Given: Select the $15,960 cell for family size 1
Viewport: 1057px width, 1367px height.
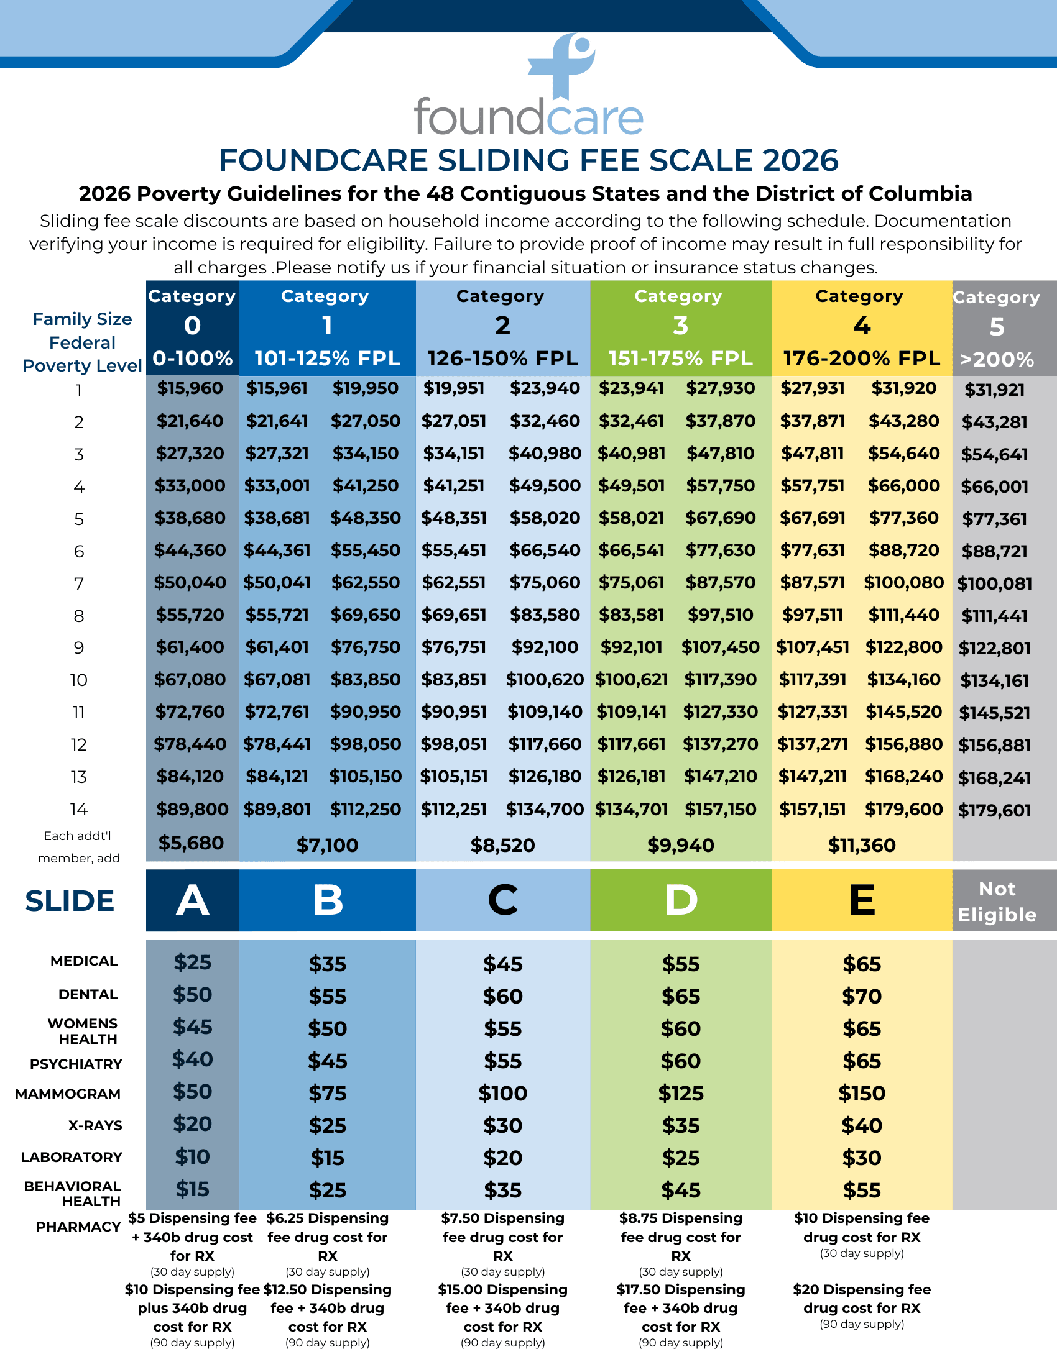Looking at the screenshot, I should click(190, 388).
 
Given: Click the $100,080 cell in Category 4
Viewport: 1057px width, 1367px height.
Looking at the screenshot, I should click(903, 583).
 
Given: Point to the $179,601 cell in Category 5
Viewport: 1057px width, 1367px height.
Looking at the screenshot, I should click(994, 810).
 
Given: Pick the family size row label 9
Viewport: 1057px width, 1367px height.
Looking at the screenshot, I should click(79, 648).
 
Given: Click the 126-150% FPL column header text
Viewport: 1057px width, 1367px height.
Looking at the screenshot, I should click(502, 359).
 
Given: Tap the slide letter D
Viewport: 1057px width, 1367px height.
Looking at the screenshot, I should click(681, 901).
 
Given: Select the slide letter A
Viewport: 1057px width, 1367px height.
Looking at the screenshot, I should click(192, 901).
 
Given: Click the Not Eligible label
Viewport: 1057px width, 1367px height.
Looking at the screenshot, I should click(997, 902).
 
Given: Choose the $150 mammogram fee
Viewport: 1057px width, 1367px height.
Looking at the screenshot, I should click(862, 1094).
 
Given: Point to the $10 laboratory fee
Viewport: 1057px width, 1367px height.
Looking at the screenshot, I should click(192, 1157).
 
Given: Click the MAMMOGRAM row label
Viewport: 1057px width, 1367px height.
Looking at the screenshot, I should click(68, 1094).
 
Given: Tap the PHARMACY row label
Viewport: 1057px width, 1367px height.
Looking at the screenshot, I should click(78, 1227).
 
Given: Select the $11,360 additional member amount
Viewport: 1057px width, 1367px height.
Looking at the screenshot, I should click(862, 846).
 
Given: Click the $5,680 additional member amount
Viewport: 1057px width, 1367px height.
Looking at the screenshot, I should click(191, 843).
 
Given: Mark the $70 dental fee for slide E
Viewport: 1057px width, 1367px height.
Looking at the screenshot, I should click(862, 997).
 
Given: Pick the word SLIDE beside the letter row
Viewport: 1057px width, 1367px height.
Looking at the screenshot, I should click(70, 902).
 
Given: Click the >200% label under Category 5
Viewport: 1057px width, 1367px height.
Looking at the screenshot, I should click(997, 360).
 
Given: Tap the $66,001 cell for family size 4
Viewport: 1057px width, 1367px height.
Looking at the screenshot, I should click(994, 487).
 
